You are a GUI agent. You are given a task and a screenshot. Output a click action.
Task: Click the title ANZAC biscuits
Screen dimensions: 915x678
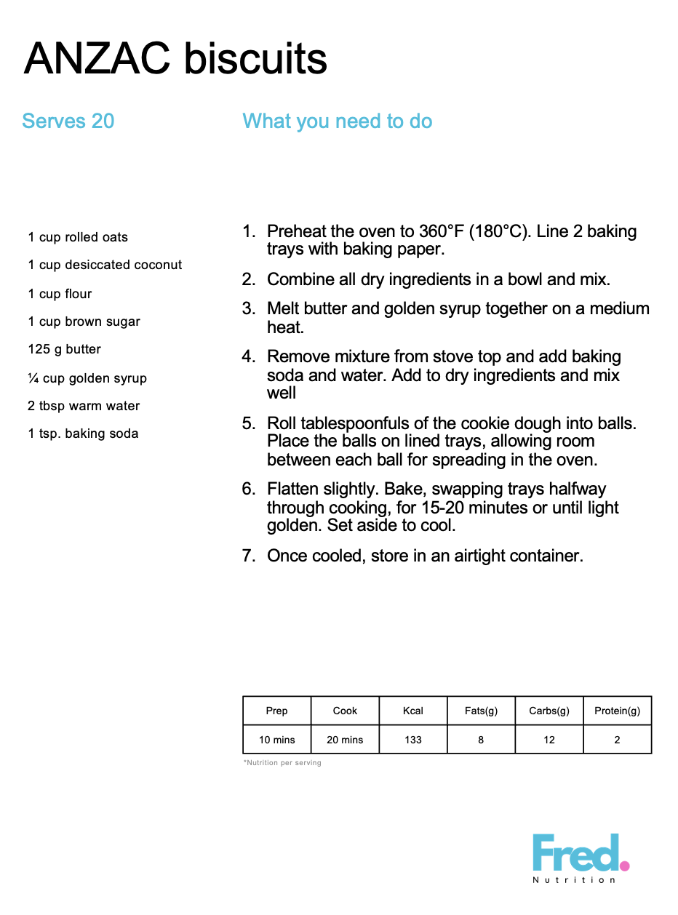(x=175, y=59)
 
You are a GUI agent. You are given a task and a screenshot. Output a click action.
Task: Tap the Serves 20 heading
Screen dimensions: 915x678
(x=68, y=121)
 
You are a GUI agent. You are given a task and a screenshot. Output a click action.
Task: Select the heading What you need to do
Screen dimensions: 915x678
(x=337, y=121)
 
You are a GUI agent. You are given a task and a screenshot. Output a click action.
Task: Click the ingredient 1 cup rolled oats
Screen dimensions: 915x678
(x=78, y=237)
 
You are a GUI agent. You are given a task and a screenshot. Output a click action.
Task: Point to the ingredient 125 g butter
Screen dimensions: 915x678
(x=65, y=349)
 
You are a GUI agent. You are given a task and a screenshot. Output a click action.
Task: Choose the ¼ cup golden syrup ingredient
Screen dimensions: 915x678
(x=87, y=378)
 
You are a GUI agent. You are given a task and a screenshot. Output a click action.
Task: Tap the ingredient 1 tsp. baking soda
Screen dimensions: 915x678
(x=83, y=433)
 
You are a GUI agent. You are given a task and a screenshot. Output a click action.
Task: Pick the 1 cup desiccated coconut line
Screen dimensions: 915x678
(x=105, y=265)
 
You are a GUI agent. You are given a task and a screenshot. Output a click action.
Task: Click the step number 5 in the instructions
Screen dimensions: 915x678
(x=249, y=423)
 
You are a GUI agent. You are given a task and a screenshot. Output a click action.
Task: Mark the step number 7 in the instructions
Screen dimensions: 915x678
(x=249, y=556)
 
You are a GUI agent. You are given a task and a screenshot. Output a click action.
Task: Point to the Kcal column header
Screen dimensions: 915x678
(x=413, y=711)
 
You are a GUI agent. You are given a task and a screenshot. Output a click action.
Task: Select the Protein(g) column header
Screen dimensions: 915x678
(x=617, y=711)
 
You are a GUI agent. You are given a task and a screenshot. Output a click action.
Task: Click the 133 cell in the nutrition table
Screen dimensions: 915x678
(x=413, y=740)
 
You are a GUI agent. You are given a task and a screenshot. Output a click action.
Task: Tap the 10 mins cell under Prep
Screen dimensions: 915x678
(x=277, y=740)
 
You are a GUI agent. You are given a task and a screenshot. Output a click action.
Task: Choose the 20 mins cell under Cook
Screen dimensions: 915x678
(x=345, y=740)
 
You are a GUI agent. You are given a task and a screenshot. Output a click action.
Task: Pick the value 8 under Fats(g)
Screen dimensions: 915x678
(x=481, y=740)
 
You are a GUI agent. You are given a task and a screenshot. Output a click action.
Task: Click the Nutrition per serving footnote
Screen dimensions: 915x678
(x=282, y=763)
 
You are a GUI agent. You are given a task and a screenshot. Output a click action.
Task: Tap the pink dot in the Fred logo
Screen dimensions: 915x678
(x=624, y=865)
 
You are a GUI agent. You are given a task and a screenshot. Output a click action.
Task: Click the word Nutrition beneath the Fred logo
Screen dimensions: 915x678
(x=574, y=880)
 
